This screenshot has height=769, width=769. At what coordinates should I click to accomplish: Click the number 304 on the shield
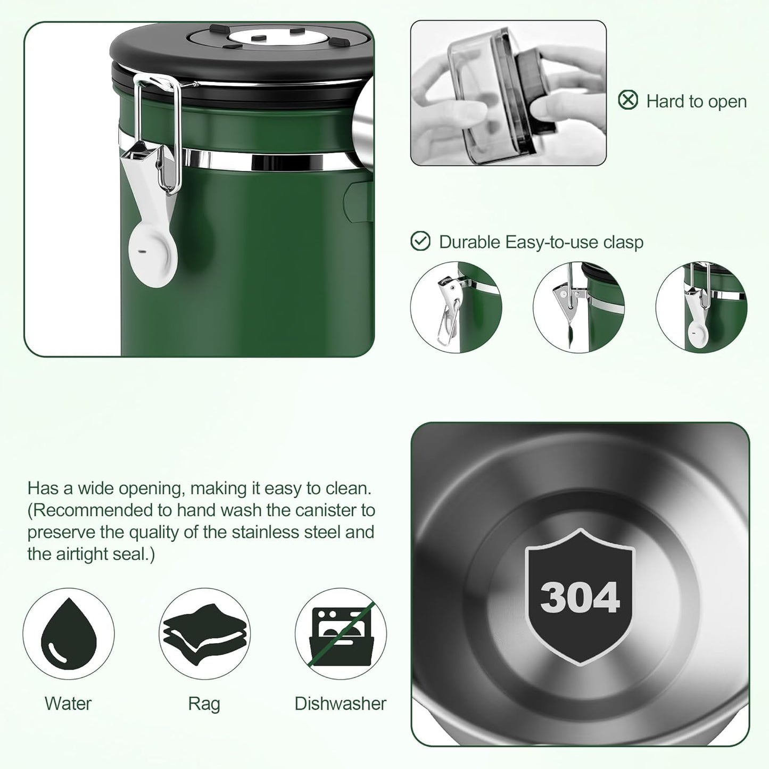tap(580, 597)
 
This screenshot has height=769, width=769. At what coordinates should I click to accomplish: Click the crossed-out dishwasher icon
tap(341, 633)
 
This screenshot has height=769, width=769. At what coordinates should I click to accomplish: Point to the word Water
tap(68, 704)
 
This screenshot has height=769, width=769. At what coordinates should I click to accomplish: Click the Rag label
tap(204, 704)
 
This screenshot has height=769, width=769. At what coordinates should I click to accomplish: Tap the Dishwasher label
tap(340, 704)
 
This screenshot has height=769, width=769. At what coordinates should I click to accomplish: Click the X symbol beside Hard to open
tap(628, 100)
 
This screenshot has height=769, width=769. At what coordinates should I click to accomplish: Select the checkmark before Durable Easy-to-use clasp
tap(420, 242)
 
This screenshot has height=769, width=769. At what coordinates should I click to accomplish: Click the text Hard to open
tap(696, 101)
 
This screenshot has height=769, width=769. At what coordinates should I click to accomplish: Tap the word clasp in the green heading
tap(623, 242)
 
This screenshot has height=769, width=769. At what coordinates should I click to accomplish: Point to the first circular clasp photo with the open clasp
tap(456, 307)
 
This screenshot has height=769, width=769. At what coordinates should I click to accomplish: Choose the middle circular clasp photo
tap(578, 307)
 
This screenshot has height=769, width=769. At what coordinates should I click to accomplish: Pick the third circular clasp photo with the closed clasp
tap(701, 307)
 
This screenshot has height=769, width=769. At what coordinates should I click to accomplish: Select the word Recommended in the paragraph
tap(94, 510)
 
